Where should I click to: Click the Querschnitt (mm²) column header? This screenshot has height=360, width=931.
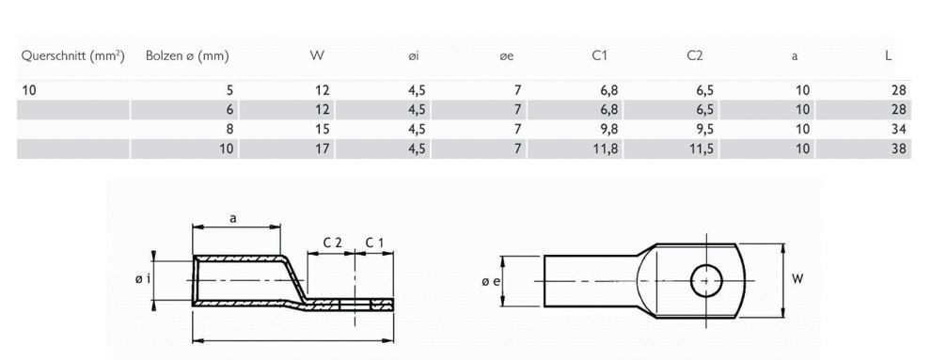tap(72, 56)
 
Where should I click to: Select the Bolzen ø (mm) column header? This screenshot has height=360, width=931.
tap(187, 56)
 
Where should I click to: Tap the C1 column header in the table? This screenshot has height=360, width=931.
tap(599, 56)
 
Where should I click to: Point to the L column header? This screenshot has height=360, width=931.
tap(888, 56)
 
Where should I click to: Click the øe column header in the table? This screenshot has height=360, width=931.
tap(507, 56)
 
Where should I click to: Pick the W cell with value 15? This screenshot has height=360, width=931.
tap(322, 129)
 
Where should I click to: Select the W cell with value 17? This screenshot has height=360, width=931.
tap(322, 149)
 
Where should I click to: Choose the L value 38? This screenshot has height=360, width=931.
tap(898, 149)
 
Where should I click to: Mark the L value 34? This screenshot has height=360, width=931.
tap(898, 129)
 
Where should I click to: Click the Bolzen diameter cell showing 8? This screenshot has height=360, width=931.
tap(229, 129)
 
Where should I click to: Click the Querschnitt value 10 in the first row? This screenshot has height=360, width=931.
tap(28, 90)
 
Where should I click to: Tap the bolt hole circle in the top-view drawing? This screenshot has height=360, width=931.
tap(705, 279)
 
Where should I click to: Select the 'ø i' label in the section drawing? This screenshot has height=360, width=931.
tap(141, 279)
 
